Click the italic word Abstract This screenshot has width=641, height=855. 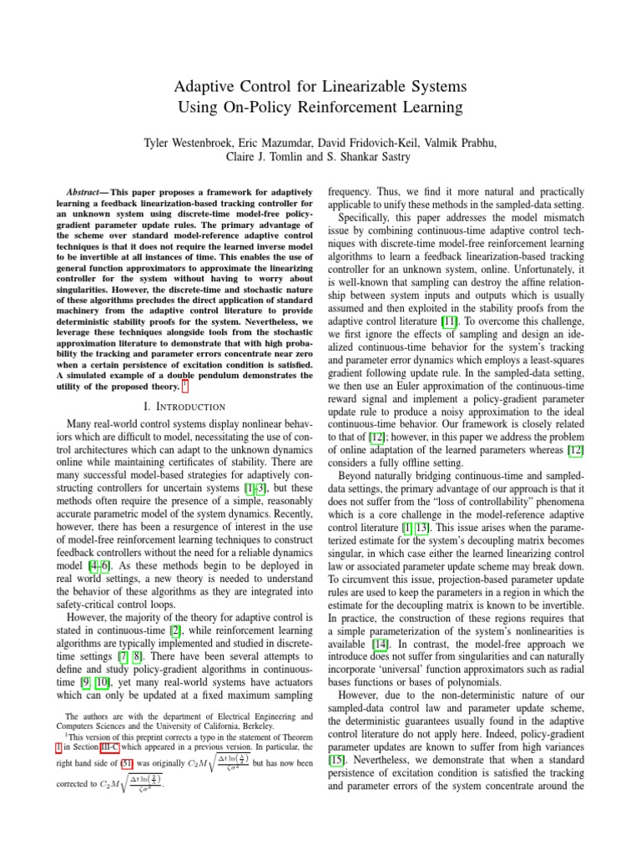(83, 192)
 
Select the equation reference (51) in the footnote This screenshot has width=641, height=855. (156, 787)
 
